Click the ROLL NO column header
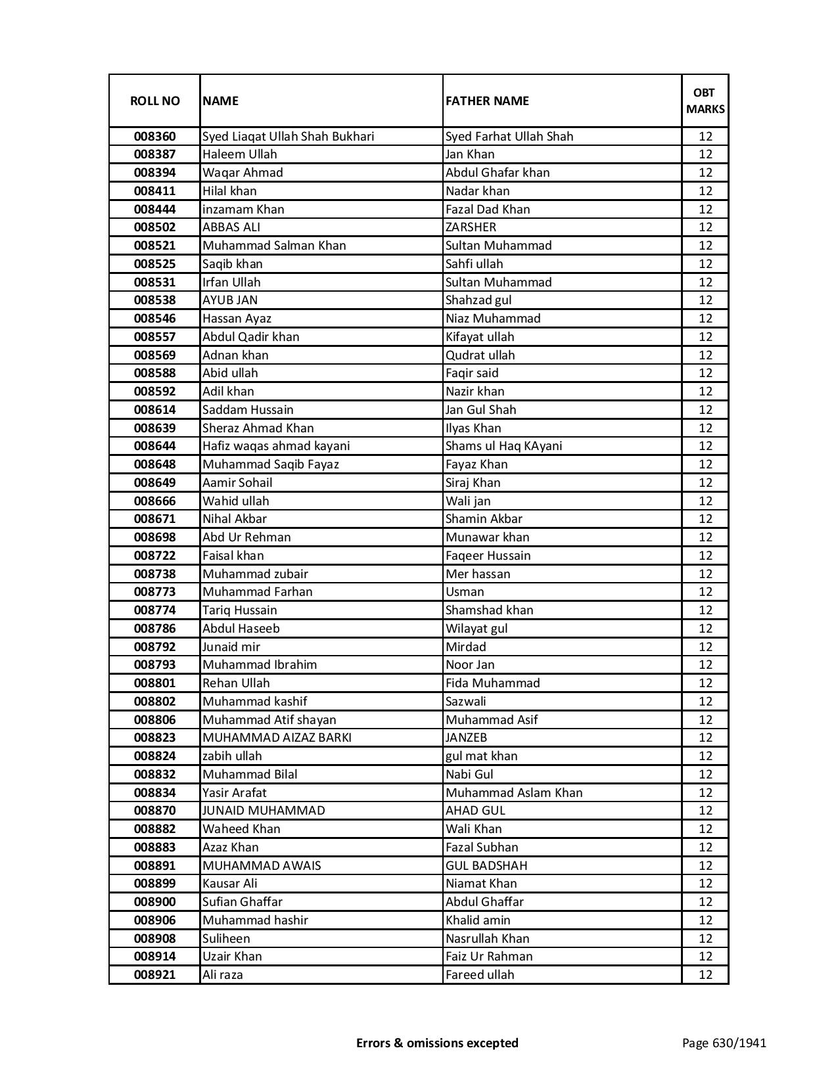pyautogui.click(x=154, y=101)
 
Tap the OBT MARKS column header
pyautogui.click(x=705, y=101)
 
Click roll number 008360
pyautogui.click(x=154, y=137)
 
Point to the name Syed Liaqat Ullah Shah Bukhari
pyautogui.click(x=288, y=137)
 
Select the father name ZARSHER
pyautogui.click(x=471, y=227)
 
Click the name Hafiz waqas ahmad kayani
pyautogui.click(x=276, y=446)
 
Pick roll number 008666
pyautogui.click(x=154, y=501)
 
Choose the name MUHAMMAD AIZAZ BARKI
pyautogui.click(x=277, y=738)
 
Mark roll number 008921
pyautogui.click(x=154, y=975)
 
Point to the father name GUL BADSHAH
pyautogui.click(x=486, y=866)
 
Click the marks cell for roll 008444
pyautogui.click(x=705, y=210)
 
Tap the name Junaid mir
pyautogui.click(x=231, y=647)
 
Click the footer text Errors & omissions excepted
pyautogui.click(x=437, y=1043)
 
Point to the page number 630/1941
pyautogui.click(x=724, y=1043)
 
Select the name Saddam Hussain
pyautogui.click(x=248, y=410)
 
